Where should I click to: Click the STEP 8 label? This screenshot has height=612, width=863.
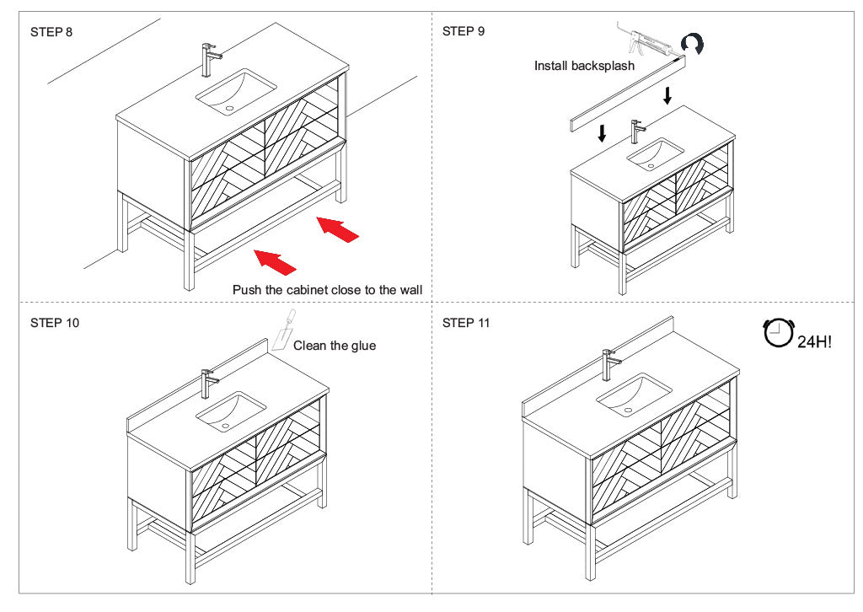51,32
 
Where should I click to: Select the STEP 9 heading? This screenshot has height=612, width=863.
464,31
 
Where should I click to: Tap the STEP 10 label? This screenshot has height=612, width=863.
55,323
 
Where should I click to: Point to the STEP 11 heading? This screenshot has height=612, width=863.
465,323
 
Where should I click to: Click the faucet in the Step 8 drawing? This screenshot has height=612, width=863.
210,60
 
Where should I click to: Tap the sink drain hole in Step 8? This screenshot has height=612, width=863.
229,109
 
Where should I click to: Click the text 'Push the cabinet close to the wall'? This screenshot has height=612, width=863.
328,290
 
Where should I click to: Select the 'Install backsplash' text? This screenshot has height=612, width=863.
584,66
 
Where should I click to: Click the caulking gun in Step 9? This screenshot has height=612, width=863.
650,42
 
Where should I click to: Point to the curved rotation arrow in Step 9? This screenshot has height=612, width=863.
692,42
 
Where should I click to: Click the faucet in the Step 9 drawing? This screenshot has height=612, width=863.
637,132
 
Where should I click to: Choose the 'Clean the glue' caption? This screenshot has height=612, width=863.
335,346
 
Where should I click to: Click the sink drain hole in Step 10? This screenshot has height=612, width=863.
225,426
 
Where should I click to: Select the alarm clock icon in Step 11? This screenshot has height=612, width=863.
778,333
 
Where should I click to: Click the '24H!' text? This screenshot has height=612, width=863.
814,342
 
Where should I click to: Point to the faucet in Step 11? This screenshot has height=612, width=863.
610,365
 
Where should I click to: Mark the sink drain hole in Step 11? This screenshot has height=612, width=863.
628,410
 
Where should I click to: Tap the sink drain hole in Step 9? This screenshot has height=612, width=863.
651,165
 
